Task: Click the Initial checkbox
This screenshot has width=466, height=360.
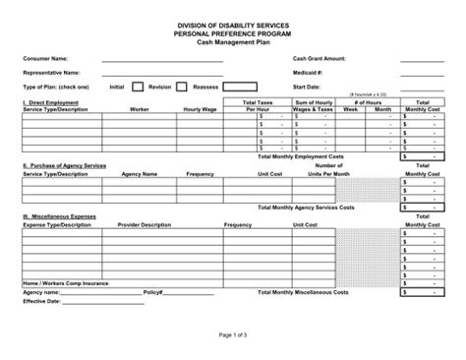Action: pos(138,86)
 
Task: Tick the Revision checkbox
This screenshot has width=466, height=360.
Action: pos(185,86)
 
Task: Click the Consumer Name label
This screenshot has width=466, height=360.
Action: pos(45,59)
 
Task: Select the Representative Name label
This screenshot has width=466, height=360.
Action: pos(51,72)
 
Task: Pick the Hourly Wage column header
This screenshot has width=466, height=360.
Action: pos(199,110)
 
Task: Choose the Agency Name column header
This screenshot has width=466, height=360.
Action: pos(139,174)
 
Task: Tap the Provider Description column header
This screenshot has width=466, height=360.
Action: pos(143,224)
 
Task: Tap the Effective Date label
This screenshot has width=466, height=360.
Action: pos(40,302)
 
